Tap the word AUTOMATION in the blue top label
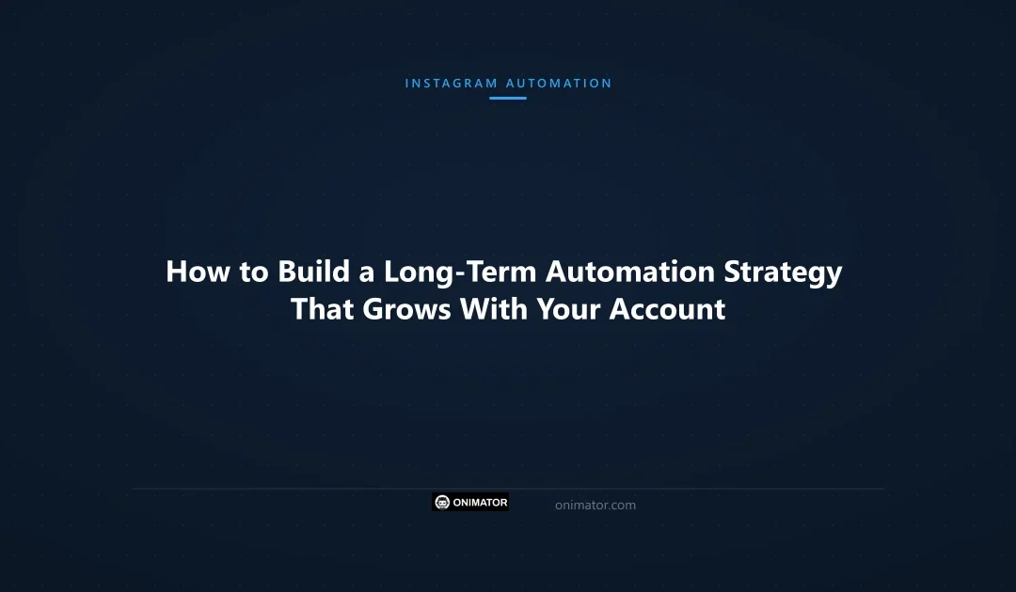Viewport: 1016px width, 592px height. pos(559,84)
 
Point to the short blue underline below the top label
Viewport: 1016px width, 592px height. pos(508,98)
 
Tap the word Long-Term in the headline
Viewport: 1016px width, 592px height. pos(460,272)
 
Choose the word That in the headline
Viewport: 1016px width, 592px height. pos(322,309)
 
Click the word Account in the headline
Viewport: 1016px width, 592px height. pos(668,309)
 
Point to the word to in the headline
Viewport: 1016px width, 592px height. pos(253,272)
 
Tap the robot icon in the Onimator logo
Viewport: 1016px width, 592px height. pos(443,503)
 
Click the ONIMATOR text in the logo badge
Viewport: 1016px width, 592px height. pos(481,503)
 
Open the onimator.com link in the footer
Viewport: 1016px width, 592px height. pos(595,506)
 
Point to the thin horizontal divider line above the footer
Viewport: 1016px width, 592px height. pos(508,489)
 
